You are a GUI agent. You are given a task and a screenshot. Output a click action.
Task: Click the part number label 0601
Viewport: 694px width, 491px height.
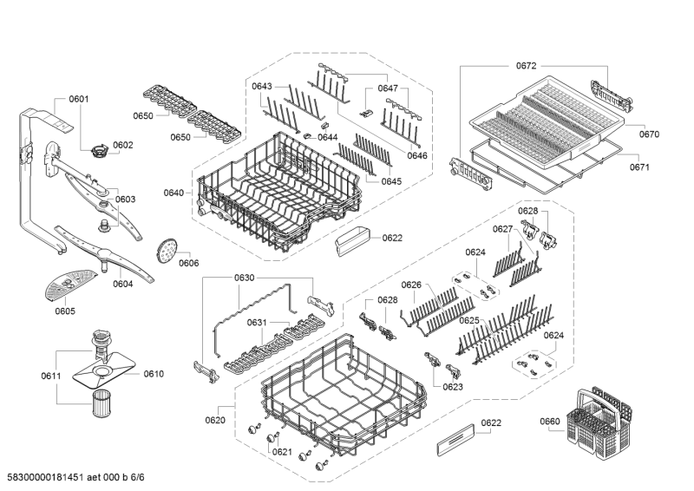[x=78, y=99]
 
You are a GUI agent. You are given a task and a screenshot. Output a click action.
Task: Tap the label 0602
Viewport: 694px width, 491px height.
[x=122, y=145]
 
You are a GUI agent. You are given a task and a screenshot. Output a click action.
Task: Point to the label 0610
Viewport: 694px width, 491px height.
[x=153, y=374]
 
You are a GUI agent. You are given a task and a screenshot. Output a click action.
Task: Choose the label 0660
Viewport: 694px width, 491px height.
[x=550, y=422]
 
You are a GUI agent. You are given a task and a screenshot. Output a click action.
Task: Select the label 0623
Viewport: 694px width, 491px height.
[x=454, y=388]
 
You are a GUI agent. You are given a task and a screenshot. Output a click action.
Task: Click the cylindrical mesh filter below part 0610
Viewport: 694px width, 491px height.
[x=104, y=403]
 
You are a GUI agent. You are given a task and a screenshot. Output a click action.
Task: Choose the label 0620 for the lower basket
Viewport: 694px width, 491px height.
[x=214, y=420]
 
